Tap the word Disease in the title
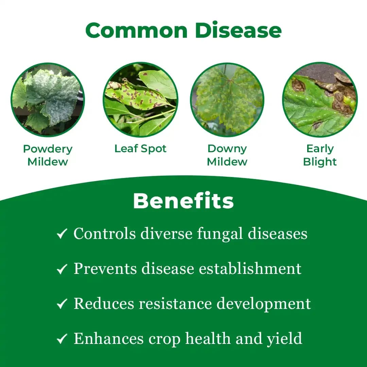238,31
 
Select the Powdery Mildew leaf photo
48,100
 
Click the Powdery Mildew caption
48,155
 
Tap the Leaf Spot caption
140,149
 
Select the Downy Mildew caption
227,155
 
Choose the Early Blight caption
320,155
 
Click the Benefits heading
183,201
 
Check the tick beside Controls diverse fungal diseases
62,234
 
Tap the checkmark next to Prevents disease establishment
62,269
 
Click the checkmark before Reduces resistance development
62,304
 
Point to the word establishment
250,269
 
